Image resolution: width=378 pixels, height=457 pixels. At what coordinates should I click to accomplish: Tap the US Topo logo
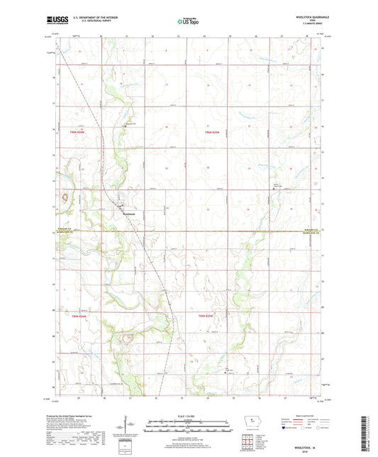point(189,23)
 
